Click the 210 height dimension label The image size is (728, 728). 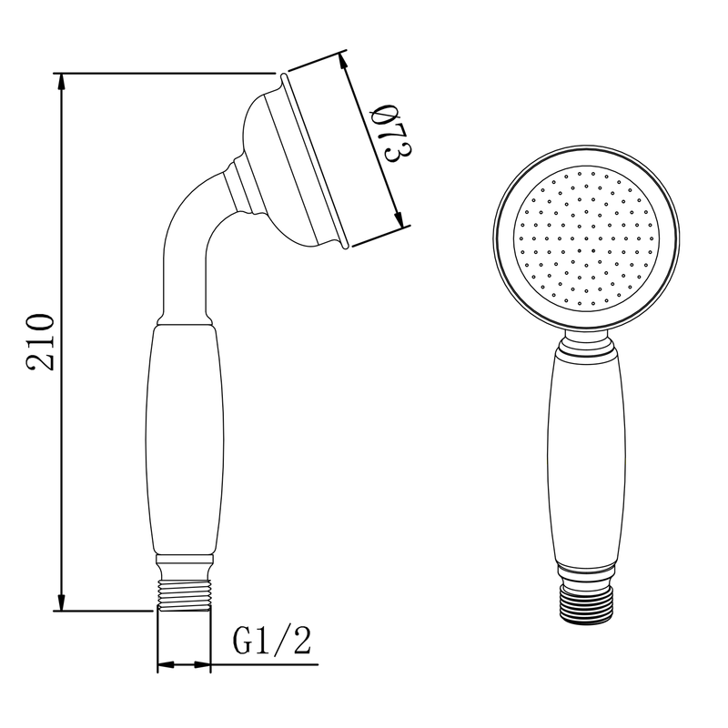coord(40,342)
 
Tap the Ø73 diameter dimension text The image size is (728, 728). coord(393,134)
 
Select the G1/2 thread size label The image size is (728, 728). coord(271,642)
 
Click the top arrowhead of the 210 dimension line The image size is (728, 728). coord(61,82)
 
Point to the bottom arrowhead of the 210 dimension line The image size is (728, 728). coord(61,602)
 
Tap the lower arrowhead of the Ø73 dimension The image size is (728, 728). coord(399,219)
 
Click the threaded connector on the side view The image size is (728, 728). coord(185,596)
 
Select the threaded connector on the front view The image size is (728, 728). coord(586,605)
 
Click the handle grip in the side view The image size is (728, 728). coord(185,440)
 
